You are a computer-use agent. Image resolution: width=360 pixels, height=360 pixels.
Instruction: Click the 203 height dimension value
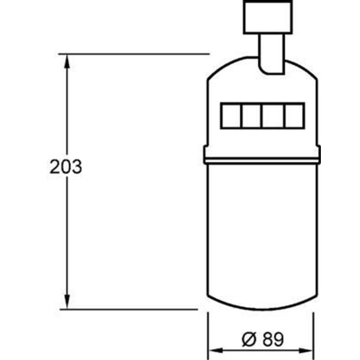click(66, 166)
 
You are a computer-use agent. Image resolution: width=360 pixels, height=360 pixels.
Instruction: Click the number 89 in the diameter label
click(273, 339)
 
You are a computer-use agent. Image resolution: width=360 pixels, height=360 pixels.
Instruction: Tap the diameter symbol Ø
click(249, 339)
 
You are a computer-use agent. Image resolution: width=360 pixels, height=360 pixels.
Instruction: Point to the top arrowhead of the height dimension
click(67, 61)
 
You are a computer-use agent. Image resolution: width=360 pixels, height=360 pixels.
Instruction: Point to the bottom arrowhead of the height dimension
click(67, 301)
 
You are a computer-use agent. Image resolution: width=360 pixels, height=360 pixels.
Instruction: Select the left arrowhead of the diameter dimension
click(216, 351)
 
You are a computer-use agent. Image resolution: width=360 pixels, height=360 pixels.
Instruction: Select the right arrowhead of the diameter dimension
click(306, 351)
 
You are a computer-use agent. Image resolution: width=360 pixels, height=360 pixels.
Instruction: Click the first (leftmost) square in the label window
click(231, 116)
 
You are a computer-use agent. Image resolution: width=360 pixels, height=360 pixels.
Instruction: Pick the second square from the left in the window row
click(252, 116)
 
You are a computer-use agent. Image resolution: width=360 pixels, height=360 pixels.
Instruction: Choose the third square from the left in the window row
click(273, 116)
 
